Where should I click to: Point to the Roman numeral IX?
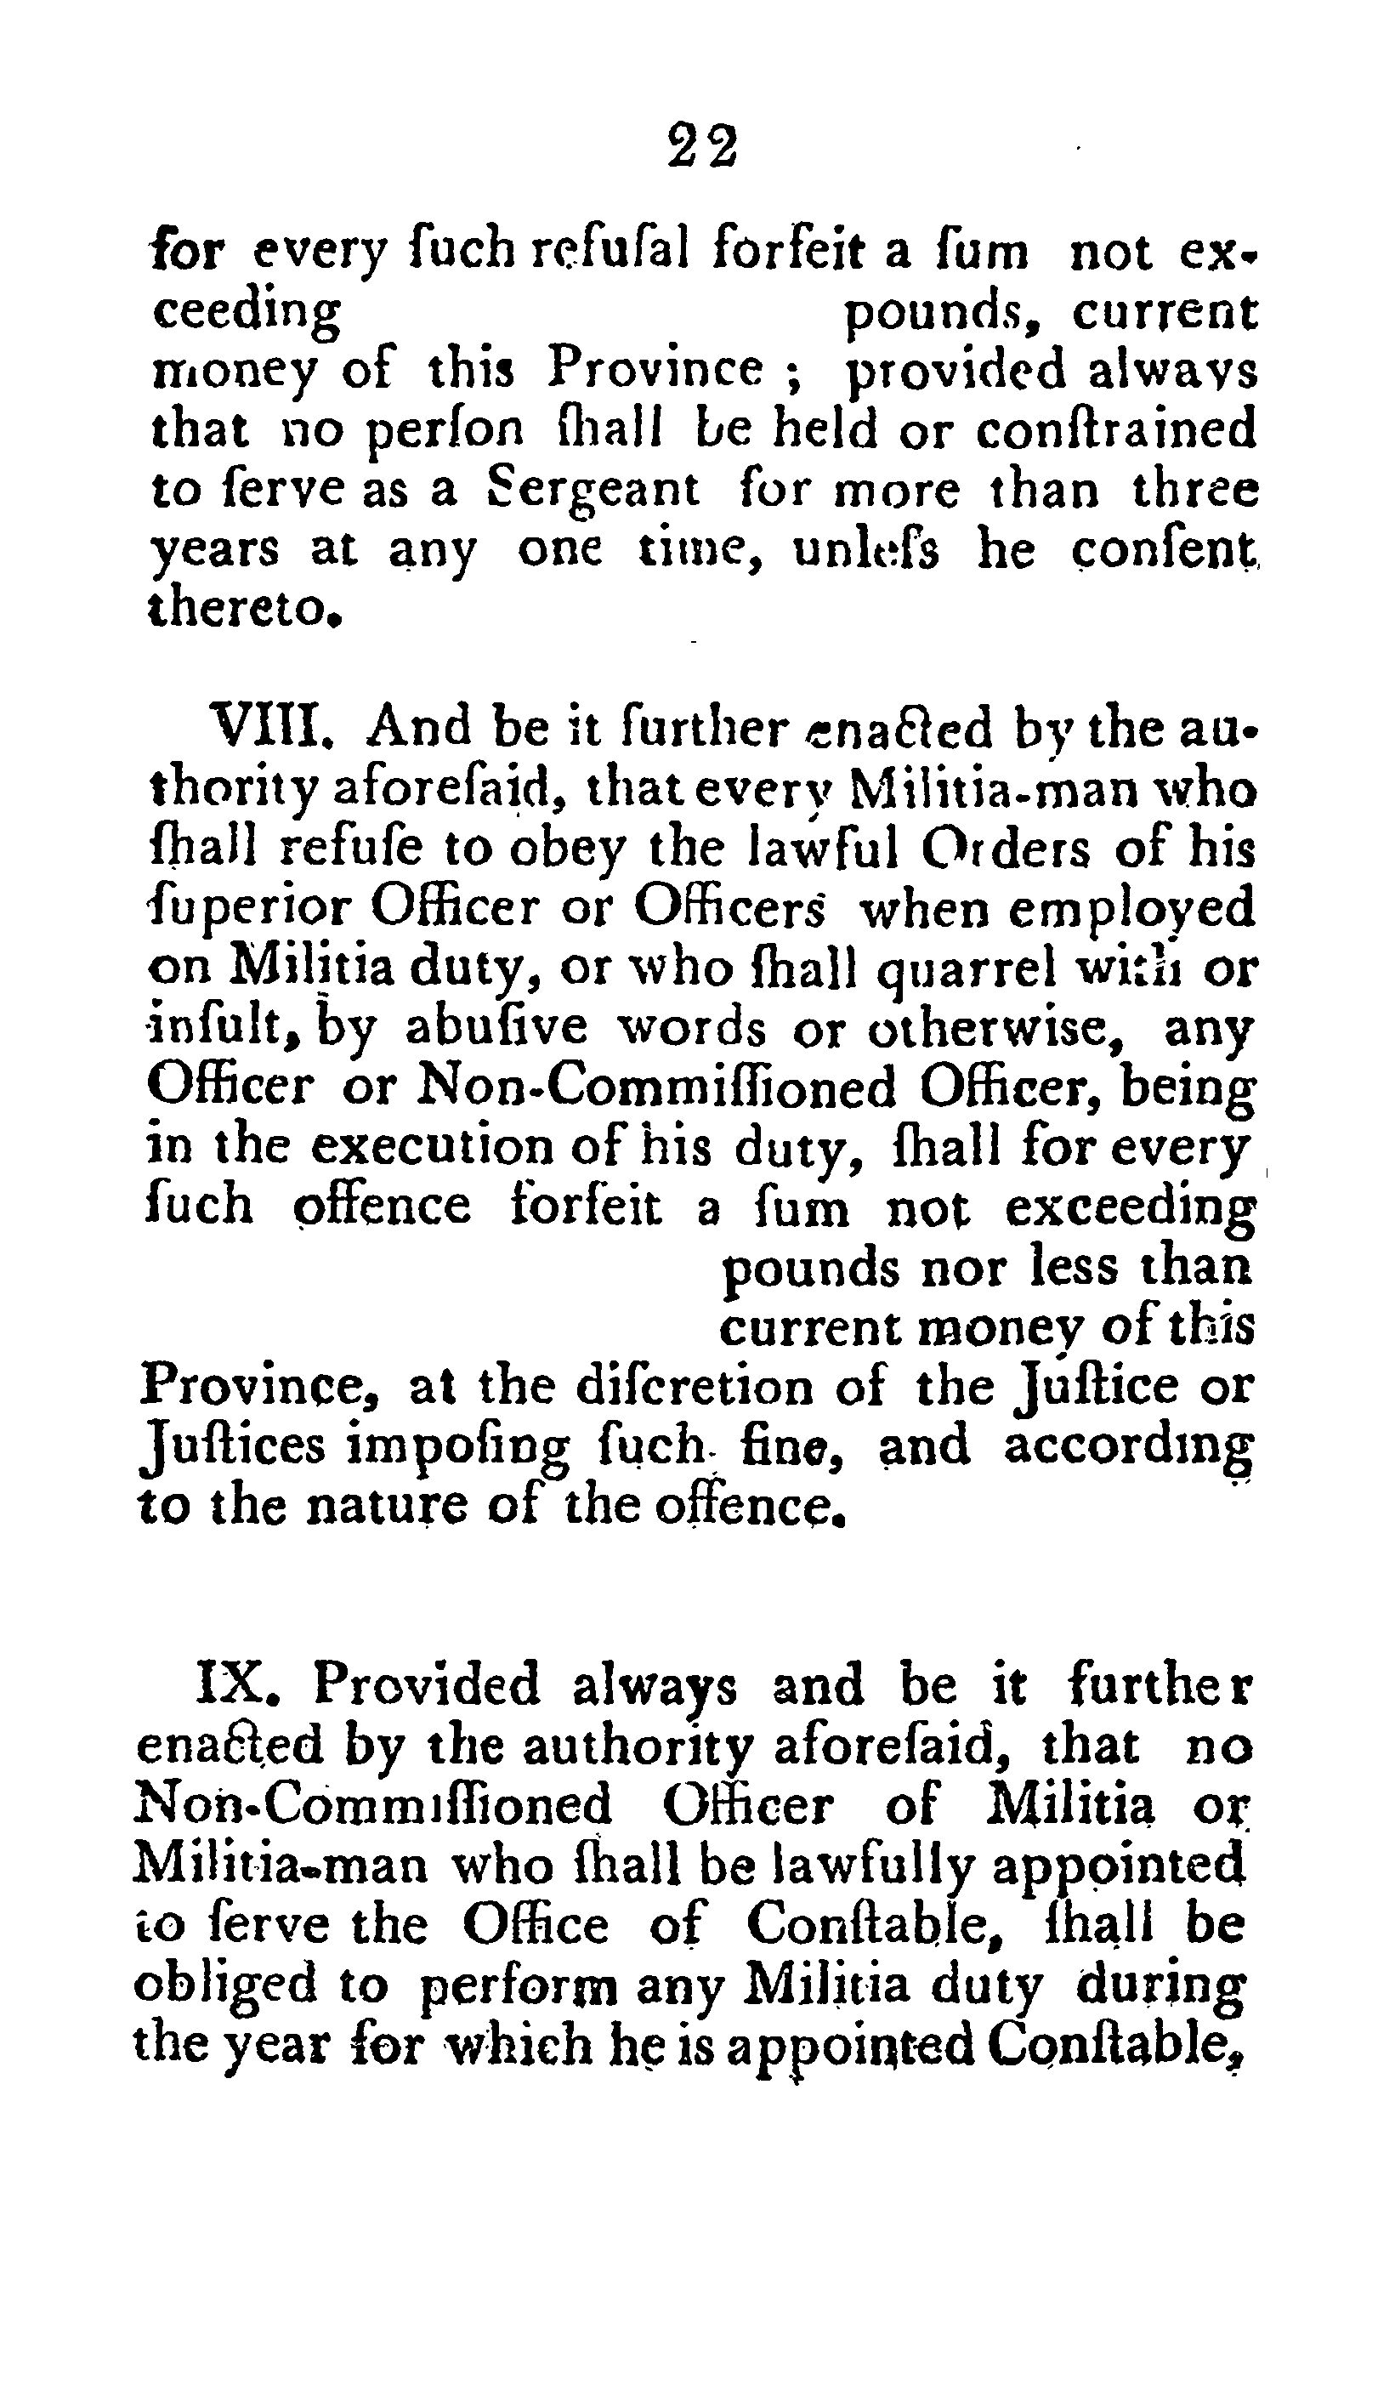tap(236, 1686)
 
